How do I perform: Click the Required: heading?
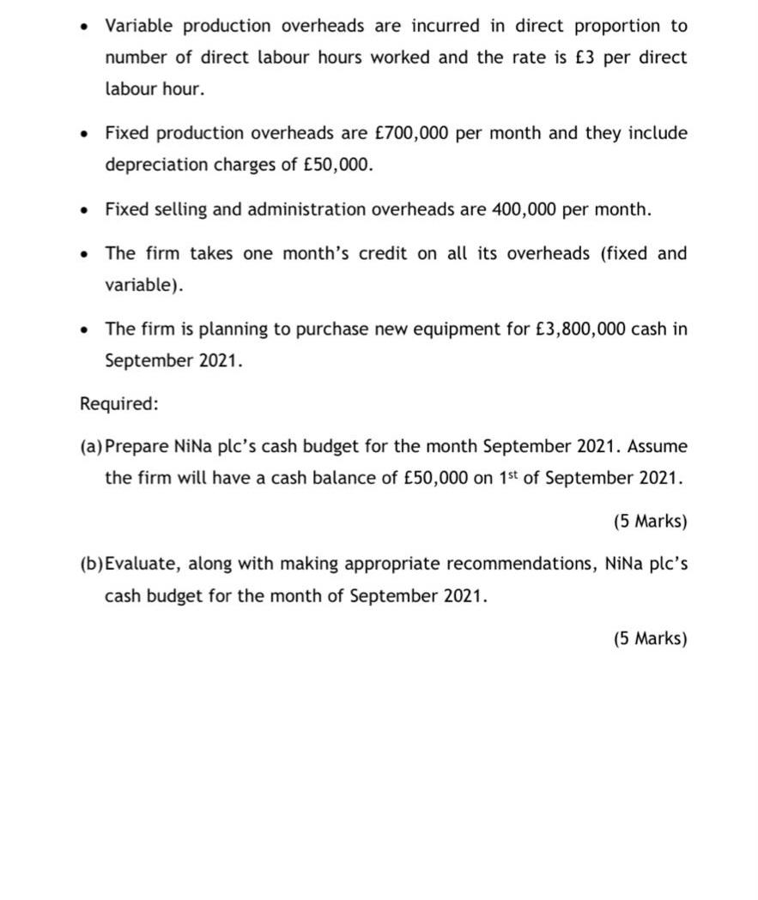pos(119,403)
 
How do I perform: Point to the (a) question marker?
pos(90,447)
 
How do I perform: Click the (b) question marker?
pos(91,565)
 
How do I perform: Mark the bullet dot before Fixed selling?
pos(83,209)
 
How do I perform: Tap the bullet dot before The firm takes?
pos(83,254)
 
